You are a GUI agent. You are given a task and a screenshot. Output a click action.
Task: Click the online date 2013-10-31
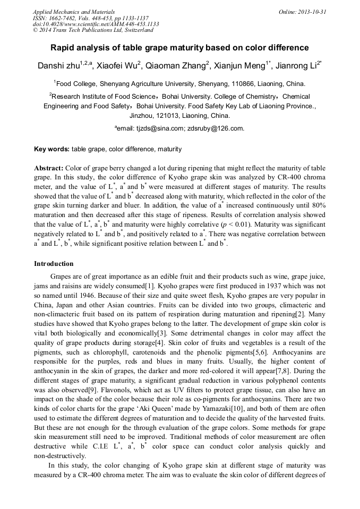pyautogui.click(x=311, y=12)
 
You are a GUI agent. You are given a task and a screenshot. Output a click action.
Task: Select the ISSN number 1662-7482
pyautogui.click(x=65, y=18)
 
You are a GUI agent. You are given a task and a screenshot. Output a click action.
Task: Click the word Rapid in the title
pyautogui.click(x=63, y=48)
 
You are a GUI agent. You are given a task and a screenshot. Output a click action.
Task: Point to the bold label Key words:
pyautogui.click(x=52, y=149)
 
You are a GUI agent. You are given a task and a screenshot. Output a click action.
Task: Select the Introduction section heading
pyautogui.click(x=54, y=264)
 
